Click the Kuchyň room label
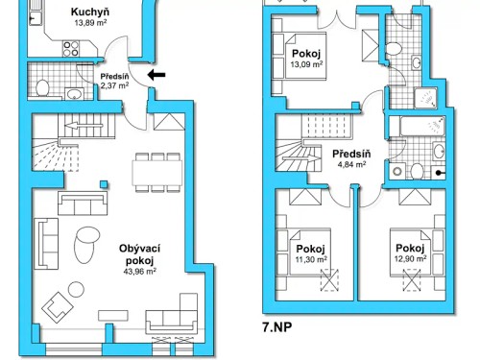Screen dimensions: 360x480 coord(89,13)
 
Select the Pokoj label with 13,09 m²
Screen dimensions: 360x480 coord(307,56)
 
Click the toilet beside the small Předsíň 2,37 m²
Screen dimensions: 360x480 coord(42,87)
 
